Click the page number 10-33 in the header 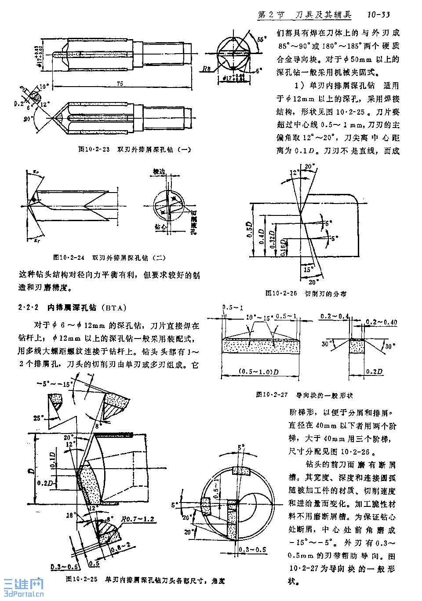(378, 15)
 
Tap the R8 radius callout (207, 69)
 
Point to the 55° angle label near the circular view (262, 39)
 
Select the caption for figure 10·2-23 (135, 149)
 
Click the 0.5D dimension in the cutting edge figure (249, 229)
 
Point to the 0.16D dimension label (284, 247)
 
